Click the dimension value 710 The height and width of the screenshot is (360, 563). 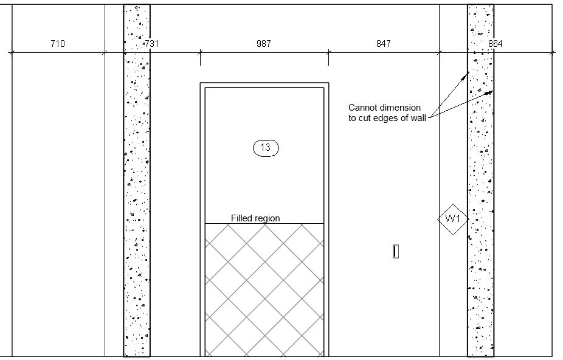pyautogui.click(x=58, y=44)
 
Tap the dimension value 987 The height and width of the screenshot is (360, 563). pyautogui.click(x=264, y=44)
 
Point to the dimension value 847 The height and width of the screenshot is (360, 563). pyautogui.click(x=384, y=44)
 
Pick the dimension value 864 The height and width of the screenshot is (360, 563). pyautogui.click(x=496, y=44)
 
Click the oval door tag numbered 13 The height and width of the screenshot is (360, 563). pyautogui.click(x=265, y=147)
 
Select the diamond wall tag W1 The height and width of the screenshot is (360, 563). pyautogui.click(x=453, y=218)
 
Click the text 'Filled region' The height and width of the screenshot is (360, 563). pyautogui.click(x=255, y=218)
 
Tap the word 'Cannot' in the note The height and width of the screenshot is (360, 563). pyautogui.click(x=362, y=108)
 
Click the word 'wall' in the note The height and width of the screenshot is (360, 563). pyautogui.click(x=417, y=118)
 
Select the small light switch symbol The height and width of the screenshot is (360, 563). pyautogui.click(x=396, y=251)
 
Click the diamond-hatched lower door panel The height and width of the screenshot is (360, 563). pyautogui.click(x=264, y=289)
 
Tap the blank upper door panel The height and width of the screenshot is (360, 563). pyautogui.click(x=264, y=182)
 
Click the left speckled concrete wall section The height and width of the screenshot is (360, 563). pyautogui.click(x=137, y=182)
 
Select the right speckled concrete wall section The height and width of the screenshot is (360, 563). pyautogui.click(x=480, y=274)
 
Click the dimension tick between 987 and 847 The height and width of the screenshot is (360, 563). pyautogui.click(x=328, y=53)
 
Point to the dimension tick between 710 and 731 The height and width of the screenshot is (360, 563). pyautogui.click(x=105, y=53)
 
